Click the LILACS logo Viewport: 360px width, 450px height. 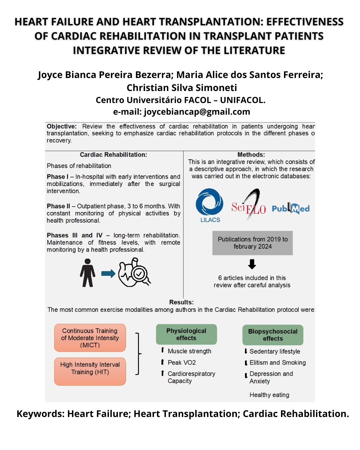coord(210,205)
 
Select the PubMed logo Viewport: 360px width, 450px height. coord(291,208)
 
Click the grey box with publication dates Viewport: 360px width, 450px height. coord(252,243)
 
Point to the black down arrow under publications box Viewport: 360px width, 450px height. coord(252,264)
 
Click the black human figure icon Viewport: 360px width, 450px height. coord(87,273)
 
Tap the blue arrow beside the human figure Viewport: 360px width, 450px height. coord(108,274)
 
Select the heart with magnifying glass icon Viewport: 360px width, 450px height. coord(134,273)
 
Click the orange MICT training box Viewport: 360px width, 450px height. coord(90,338)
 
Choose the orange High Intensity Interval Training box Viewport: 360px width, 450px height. coord(90,371)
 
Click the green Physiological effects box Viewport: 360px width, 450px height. coord(186,334)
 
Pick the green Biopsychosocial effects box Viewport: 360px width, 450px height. coord(273,335)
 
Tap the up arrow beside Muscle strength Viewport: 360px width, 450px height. coord(162,350)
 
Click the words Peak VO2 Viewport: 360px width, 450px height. coord(182,362)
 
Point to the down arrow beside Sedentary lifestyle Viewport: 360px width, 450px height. coord(246,351)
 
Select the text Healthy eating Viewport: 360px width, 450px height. coord(269,395)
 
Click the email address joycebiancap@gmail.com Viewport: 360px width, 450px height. coord(197,112)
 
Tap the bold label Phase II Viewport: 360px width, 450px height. coord(58,206)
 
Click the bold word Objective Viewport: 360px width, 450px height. coord(61,126)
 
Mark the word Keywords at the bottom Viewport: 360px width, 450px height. coord(40,414)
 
